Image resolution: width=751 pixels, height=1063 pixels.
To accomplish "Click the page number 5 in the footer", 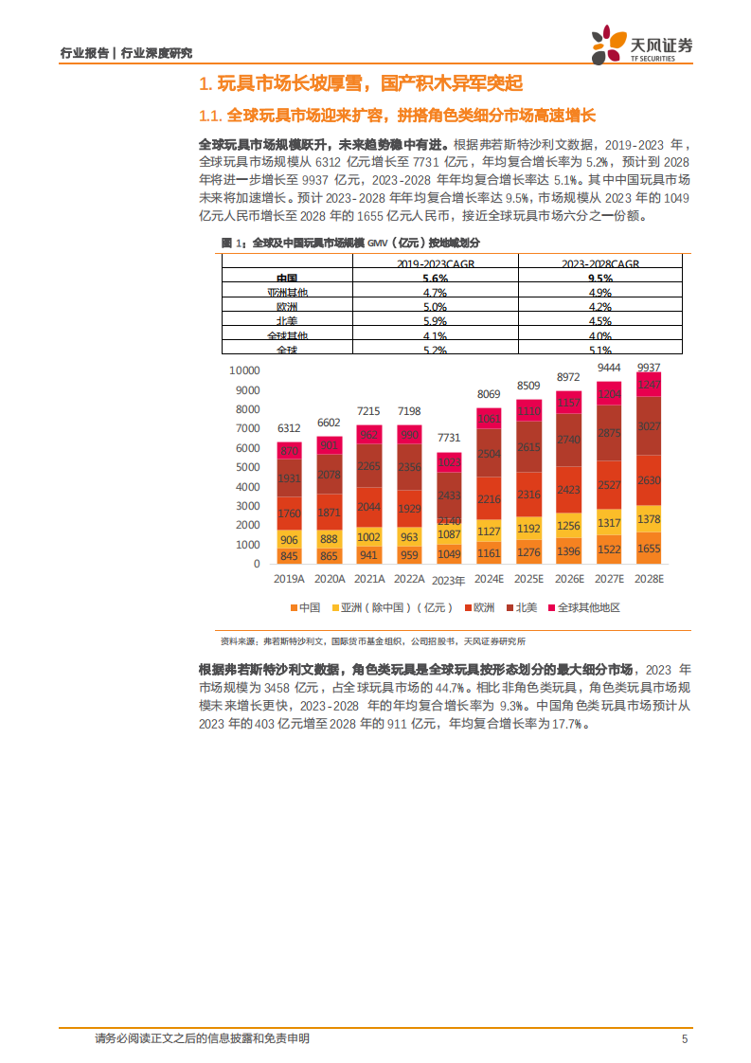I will coord(685,1039).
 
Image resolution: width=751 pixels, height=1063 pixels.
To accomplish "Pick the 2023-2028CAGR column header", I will coord(599,262).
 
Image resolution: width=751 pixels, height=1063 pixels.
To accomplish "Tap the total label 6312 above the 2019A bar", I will coord(290,427).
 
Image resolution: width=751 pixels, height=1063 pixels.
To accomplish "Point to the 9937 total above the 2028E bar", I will coord(648,367).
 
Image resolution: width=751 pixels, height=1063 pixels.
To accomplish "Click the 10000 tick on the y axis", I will coord(244,370).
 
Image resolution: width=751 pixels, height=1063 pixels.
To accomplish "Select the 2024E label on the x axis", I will coord(489,579).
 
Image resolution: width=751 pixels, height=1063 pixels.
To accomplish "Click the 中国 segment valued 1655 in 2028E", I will coord(648,548).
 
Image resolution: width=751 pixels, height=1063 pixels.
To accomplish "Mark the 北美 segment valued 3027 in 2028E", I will coord(648,426).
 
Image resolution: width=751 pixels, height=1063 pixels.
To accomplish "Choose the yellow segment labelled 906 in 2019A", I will coord(290,538).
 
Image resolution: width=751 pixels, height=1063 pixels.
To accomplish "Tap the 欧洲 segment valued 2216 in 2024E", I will coord(489,499).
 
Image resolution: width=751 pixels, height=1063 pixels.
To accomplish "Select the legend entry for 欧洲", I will coord(484,607).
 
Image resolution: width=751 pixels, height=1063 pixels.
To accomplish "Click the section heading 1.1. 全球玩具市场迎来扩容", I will coord(398,116).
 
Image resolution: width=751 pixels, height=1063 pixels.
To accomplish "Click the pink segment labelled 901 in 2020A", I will coord(330,445).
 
